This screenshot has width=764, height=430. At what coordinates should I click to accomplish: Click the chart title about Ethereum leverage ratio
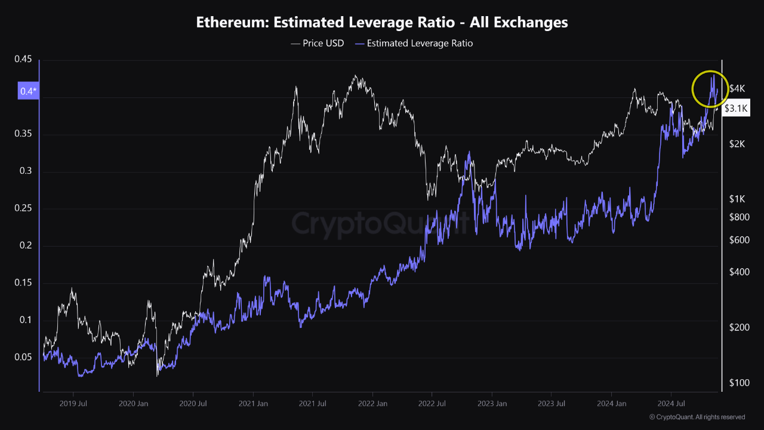click(x=382, y=23)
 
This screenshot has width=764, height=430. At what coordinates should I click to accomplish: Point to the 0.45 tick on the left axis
click(x=23, y=59)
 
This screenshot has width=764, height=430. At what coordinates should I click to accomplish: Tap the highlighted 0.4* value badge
click(x=28, y=91)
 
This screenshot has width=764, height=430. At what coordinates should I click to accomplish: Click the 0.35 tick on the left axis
click(x=23, y=134)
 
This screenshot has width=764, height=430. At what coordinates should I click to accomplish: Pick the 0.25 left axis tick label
click(x=23, y=208)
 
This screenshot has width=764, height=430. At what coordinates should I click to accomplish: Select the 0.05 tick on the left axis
click(x=23, y=357)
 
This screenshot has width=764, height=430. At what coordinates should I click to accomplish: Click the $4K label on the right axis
click(x=738, y=89)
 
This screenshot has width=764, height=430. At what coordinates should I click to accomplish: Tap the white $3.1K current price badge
click(x=735, y=109)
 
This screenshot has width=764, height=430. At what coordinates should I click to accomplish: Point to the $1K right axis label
click(x=738, y=199)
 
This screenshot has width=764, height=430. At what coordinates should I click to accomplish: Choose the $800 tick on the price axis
click(x=739, y=217)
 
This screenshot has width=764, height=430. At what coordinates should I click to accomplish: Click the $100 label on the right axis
click(x=739, y=382)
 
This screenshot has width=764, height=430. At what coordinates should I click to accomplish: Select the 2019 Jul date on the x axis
click(x=73, y=404)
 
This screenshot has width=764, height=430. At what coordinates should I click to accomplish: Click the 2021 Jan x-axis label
click(x=253, y=404)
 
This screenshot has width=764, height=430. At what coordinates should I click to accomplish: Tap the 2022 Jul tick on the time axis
click(x=432, y=404)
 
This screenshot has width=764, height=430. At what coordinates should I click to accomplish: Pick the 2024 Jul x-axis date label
click(x=671, y=404)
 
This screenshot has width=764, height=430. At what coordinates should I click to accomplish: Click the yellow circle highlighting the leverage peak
click(x=710, y=89)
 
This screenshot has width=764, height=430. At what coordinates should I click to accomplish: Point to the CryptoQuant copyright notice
click(x=697, y=417)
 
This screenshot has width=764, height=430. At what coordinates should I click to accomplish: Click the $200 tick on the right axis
click(x=739, y=327)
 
